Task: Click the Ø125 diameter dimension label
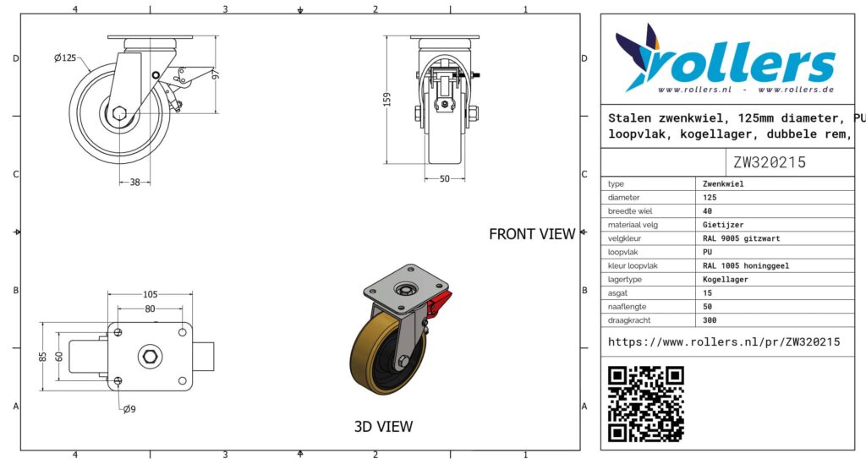pos(65,58)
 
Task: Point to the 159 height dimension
pos(387,100)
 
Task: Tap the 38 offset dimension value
pos(134,182)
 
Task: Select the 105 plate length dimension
pos(151,294)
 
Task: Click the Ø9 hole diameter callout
pos(129,409)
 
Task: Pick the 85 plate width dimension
pos(43,357)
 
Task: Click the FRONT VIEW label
pos(532,234)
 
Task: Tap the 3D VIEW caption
pos(383,426)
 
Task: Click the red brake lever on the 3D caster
pos(439,304)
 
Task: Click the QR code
pos(645,404)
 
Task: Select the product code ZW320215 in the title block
pos(770,162)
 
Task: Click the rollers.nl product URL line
pos(724,342)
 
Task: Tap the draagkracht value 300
pos(710,320)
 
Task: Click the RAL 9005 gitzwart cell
pos(741,238)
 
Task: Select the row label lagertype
pos(625,279)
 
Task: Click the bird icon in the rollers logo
pos(638,57)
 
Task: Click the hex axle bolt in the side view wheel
pos(120,113)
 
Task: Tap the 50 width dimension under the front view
pos(445,179)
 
